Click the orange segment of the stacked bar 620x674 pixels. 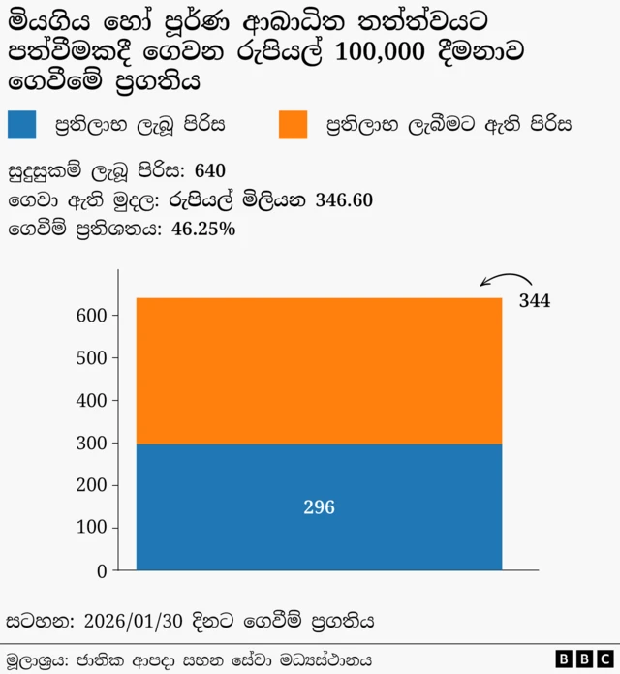click(x=319, y=371)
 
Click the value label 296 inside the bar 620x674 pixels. click(x=319, y=507)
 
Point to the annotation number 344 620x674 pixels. click(x=535, y=301)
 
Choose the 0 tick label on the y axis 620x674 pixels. click(x=102, y=571)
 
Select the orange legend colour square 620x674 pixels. click(x=293, y=125)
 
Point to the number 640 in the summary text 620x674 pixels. click(x=210, y=171)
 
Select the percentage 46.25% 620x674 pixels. click(x=203, y=230)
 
